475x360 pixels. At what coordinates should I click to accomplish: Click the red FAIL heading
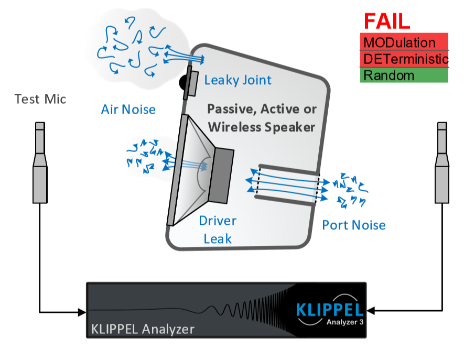pos(387,20)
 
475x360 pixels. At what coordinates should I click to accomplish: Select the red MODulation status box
pos(404,42)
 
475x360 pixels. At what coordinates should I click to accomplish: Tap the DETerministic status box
pos(404,58)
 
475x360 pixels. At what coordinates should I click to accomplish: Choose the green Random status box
pos(404,75)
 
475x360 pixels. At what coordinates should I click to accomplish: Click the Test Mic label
pos(40,99)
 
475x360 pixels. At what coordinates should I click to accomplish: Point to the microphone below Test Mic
pos(40,162)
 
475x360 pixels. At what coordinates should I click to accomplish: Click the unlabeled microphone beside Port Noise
pos(442,162)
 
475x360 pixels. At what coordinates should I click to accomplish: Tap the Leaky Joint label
pos(237,80)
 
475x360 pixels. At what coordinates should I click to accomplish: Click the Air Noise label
pos(128,109)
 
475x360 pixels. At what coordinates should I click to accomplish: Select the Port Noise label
pos(353,225)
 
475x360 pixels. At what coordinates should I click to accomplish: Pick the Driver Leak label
pos(217,230)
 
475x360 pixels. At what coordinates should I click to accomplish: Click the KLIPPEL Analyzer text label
pos(143,329)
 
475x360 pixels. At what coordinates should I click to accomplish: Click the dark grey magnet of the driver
pos(221,176)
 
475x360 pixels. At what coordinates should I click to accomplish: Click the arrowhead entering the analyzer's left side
pos(82,312)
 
